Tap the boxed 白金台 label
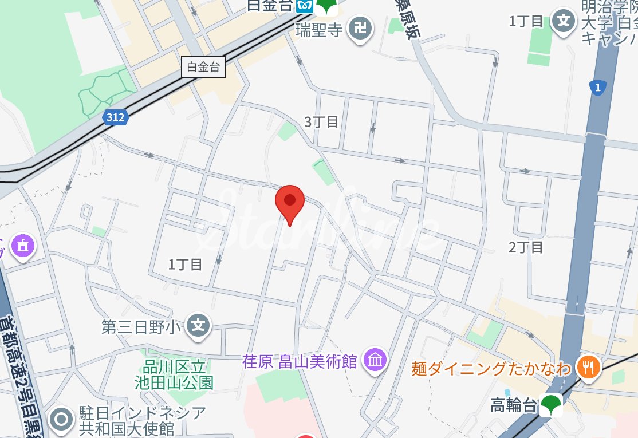click(203, 67)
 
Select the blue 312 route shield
click(116, 117)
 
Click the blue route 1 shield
click(597, 88)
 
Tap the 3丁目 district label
click(321, 121)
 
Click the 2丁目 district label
click(526, 247)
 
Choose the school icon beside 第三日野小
click(198, 326)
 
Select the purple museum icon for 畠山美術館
click(376, 360)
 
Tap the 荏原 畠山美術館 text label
click(300, 361)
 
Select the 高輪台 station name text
click(514, 405)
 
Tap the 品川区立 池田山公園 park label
click(174, 374)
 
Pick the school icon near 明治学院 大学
click(564, 21)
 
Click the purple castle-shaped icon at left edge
click(23, 246)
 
